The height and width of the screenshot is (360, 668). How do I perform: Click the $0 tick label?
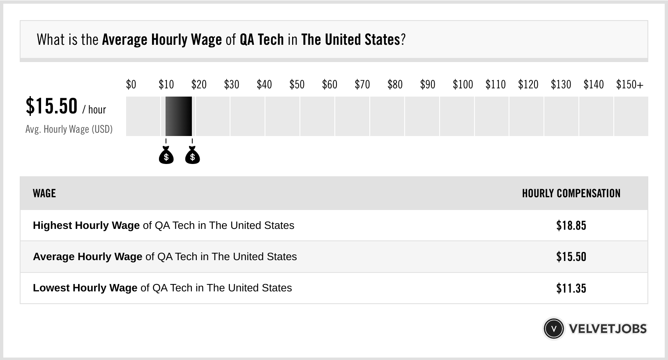131,85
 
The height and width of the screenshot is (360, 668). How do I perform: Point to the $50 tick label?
297,85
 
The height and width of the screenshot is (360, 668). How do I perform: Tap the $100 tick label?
463,85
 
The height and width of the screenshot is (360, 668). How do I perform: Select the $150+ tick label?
629,85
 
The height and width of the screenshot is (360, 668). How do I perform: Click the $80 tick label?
395,85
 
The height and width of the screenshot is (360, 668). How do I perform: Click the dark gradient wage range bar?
179,116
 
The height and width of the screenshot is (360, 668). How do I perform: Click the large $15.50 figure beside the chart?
52,106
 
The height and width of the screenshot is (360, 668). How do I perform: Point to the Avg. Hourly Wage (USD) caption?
69,129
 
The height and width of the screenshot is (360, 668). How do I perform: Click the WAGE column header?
44,194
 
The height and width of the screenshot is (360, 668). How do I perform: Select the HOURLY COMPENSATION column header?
571,194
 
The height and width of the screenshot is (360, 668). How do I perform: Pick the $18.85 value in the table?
571,226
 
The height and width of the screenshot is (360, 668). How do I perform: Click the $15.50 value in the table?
571,257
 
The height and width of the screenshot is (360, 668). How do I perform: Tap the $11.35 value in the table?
571,288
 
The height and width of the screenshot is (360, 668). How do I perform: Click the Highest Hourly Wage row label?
86,226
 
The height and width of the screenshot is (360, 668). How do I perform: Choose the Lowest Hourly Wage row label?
85,288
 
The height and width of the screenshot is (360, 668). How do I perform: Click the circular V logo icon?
553,329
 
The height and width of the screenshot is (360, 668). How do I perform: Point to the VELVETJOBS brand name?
608,329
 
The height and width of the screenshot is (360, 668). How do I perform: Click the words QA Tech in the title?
262,40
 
